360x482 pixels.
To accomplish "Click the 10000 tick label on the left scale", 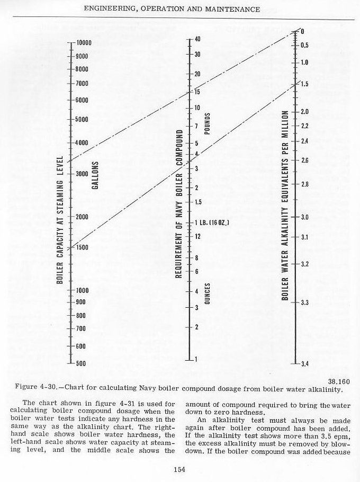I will tap(84, 43).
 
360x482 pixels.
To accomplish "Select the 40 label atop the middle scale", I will tap(197, 40).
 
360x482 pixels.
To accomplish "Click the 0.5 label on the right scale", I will tap(305, 46).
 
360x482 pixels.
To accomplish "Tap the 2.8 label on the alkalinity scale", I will tap(305, 184).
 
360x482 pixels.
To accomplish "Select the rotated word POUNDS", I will tap(207, 123).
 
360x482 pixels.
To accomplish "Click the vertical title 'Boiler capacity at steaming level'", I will tap(60, 220).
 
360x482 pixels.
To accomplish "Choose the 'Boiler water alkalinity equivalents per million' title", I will tap(285, 206).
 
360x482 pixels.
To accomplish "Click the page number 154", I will tap(180, 467).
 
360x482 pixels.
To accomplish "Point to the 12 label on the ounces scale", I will tap(197, 236).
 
